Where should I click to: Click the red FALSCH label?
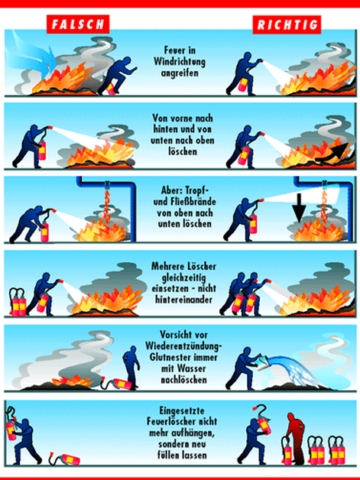tap(78, 24)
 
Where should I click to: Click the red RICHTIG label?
tap(287, 24)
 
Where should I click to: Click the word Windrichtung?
tap(180, 62)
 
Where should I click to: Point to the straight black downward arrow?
tap(299, 208)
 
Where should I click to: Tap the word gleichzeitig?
tap(183, 278)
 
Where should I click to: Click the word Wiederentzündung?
tap(183, 346)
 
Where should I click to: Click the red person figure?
tap(295, 438)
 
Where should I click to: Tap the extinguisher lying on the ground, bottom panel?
tap(65, 459)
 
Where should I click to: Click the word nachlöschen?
tap(183, 380)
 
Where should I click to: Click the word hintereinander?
tap(183, 300)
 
